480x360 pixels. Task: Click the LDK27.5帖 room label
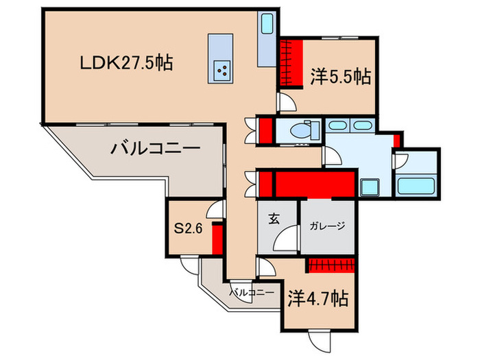pos(125,64)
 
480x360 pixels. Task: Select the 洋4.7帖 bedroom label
pos(317,299)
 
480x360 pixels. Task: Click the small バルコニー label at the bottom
pos(252,293)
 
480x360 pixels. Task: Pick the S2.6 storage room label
pos(189,229)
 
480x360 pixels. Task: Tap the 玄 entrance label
pos(273,219)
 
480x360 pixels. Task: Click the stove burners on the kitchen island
pos(223,69)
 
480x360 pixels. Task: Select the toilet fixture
pos(302,130)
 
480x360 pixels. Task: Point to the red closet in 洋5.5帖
pos(292,64)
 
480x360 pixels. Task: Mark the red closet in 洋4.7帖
pos(332,265)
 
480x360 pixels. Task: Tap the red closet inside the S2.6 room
pos(217,238)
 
